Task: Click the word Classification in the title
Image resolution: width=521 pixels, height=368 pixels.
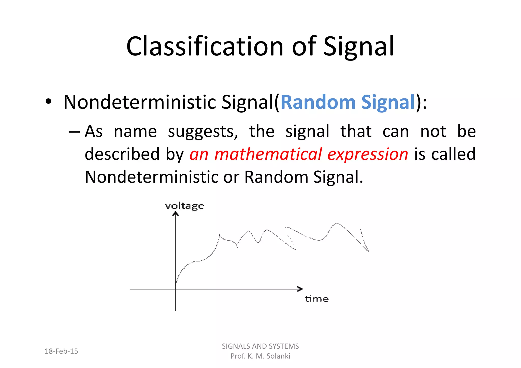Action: (x=205, y=47)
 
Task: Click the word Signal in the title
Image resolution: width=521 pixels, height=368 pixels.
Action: (x=359, y=47)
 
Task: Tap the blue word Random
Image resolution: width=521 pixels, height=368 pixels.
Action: (x=318, y=102)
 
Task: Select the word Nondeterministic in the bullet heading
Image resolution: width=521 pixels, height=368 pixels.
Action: (x=140, y=102)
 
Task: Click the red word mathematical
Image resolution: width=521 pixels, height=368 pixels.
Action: (x=268, y=154)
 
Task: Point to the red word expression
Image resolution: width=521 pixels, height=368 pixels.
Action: (x=368, y=154)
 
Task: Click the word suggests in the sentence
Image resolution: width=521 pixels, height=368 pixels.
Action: (x=203, y=132)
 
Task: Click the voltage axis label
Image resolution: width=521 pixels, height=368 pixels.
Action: (x=184, y=206)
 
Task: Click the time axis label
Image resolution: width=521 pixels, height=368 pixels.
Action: (x=317, y=299)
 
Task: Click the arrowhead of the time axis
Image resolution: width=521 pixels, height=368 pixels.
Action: (x=301, y=289)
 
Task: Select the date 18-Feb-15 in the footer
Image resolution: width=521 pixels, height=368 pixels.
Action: (x=61, y=351)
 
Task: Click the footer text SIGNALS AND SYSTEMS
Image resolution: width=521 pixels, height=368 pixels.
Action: (x=260, y=346)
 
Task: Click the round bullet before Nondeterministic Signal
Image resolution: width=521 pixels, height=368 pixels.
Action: (x=48, y=102)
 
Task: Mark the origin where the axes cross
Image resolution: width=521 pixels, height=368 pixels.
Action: (x=176, y=289)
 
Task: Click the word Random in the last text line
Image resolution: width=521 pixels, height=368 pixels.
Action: (x=276, y=177)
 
